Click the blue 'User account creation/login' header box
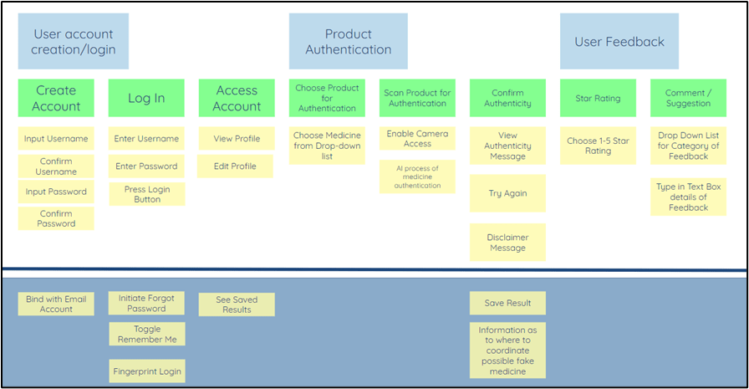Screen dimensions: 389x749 coord(74,42)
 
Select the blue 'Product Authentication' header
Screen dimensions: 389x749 coord(348,42)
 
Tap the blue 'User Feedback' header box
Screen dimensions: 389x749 coord(619,42)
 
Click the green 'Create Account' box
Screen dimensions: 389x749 coord(56,98)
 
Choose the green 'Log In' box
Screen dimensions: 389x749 coord(146,98)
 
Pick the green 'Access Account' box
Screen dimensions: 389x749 coord(237,98)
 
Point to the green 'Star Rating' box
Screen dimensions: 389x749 coord(598,98)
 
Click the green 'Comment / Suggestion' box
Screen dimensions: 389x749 coord(688,98)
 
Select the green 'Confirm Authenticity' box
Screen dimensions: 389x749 coord(507,98)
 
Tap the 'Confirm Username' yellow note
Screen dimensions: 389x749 coord(56,166)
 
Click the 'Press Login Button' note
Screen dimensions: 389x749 coord(146,194)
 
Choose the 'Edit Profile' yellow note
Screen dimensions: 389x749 coord(235,166)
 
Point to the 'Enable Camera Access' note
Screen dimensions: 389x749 coord(417,139)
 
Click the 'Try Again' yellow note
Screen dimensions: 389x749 coord(507,193)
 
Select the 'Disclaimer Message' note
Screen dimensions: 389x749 coord(507,243)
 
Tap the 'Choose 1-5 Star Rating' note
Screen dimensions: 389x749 coord(598,146)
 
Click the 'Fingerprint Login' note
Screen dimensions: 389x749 coord(146,371)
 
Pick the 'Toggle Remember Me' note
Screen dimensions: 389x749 coord(146,335)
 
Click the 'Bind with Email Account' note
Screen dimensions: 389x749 coord(56,304)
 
